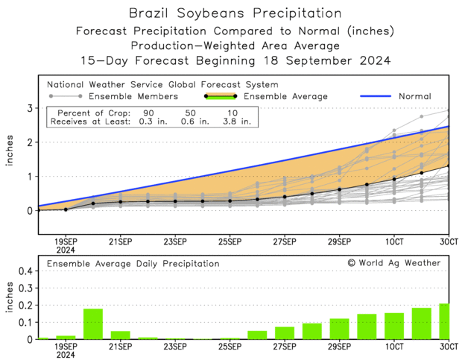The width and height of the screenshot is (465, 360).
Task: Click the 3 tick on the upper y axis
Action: (x=30, y=108)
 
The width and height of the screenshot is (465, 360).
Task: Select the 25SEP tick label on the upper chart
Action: (x=230, y=242)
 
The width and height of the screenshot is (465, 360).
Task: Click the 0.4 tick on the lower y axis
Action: (x=25, y=271)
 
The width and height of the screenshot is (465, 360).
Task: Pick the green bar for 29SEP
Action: (x=339, y=329)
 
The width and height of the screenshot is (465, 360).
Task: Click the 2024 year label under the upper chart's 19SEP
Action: (x=66, y=251)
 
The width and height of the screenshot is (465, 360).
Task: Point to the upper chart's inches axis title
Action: (x=10, y=160)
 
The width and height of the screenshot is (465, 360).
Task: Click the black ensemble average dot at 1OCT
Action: (x=394, y=179)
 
